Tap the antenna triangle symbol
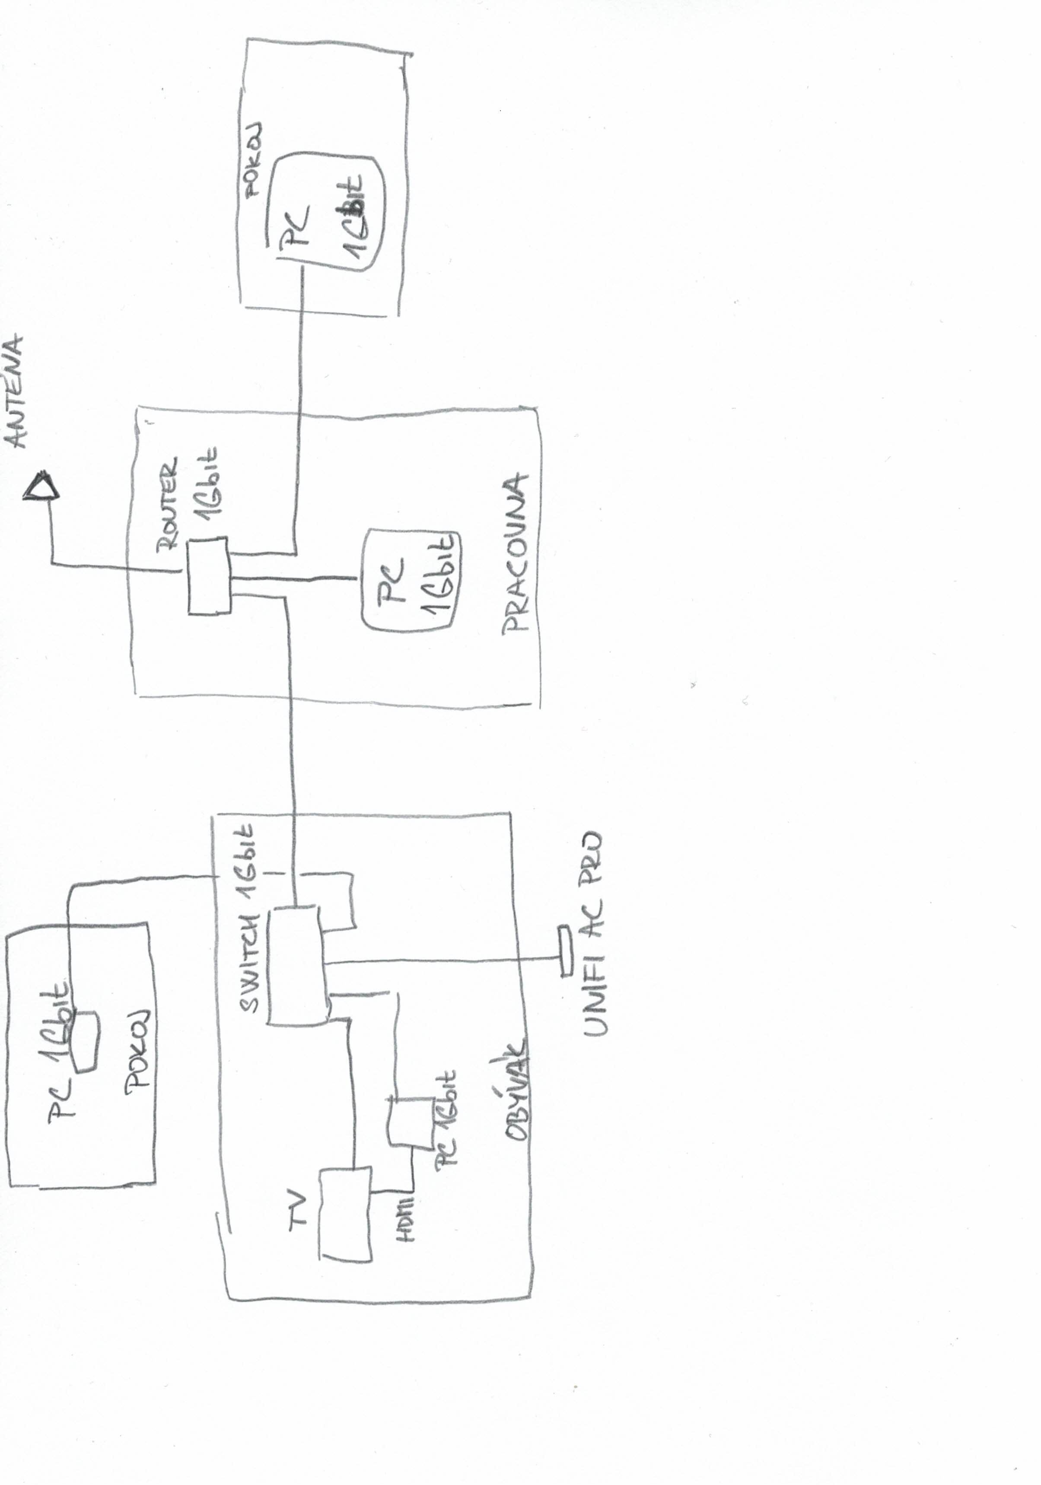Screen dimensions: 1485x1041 tap(41, 486)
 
